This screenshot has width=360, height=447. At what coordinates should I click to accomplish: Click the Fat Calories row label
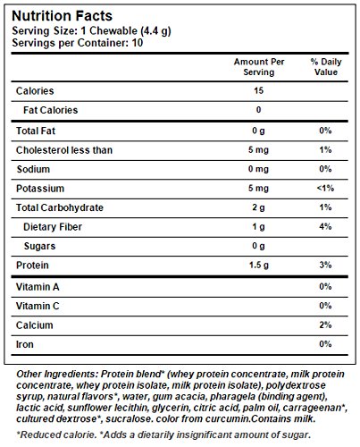[x=52, y=110]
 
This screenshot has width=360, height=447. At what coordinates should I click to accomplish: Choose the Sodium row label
[x=34, y=169]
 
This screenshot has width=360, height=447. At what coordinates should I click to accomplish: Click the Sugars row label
[x=41, y=246]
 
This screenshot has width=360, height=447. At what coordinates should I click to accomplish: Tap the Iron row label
[x=25, y=344]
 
